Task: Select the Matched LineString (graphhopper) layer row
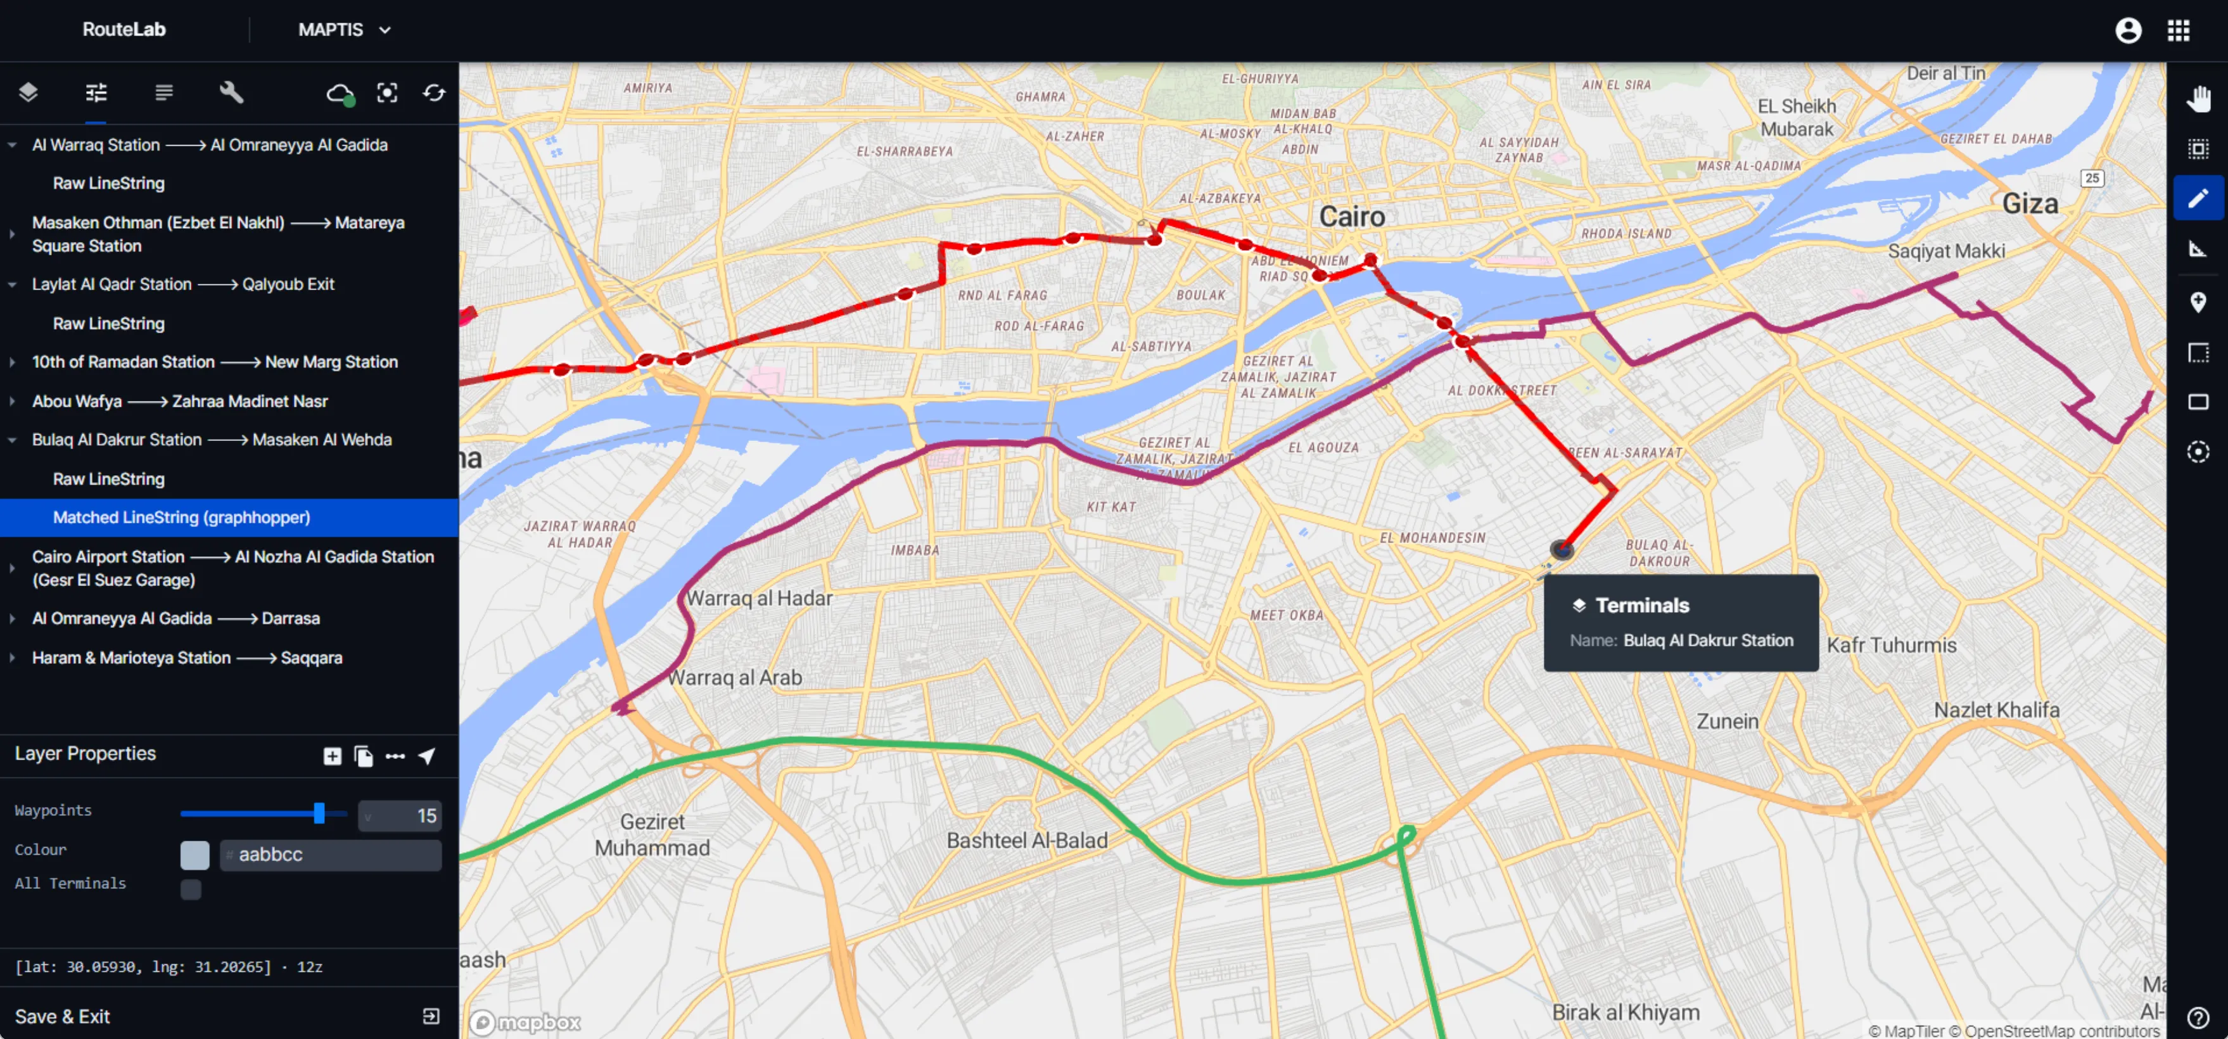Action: tap(182, 518)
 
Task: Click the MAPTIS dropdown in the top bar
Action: tap(344, 29)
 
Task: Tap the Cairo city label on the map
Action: tap(1351, 216)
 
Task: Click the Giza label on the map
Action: tap(2029, 204)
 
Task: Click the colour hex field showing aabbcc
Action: tap(331, 855)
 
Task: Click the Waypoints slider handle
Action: tap(319, 813)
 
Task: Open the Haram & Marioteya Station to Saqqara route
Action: tap(187, 658)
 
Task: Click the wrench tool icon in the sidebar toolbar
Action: tap(231, 92)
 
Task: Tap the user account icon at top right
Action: tap(2128, 30)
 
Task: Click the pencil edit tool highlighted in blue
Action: tap(2197, 198)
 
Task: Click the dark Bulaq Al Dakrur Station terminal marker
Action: tap(1561, 549)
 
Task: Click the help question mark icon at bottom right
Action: tap(2197, 1016)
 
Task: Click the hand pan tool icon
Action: tap(2197, 99)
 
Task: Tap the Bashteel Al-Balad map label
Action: tap(1027, 840)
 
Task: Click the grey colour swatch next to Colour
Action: tap(194, 855)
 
